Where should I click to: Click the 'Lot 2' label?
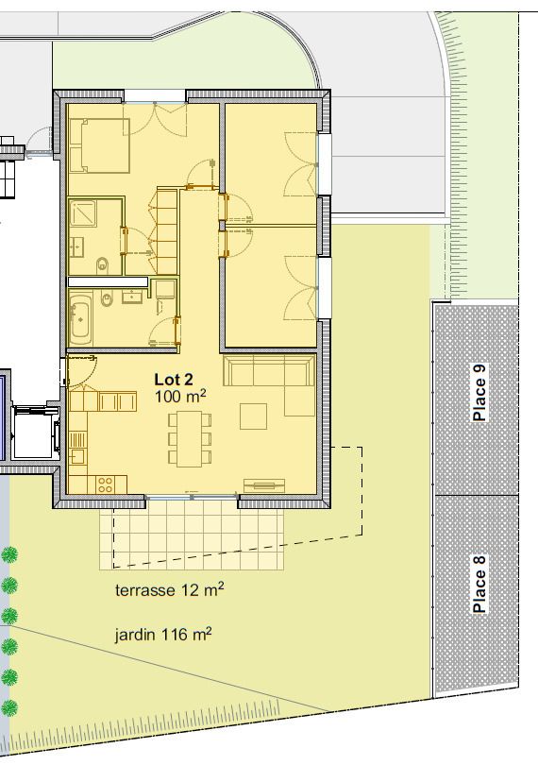coord(175,379)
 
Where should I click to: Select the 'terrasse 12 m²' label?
coord(169,590)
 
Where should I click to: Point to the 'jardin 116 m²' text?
coord(162,634)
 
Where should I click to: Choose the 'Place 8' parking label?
coord(479,586)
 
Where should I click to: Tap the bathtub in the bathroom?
coord(80,318)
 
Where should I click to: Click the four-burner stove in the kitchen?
coord(106,484)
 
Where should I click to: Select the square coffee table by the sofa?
coord(254,416)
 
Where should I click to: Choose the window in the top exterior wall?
coord(156,95)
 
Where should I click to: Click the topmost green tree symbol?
coord(9,554)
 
